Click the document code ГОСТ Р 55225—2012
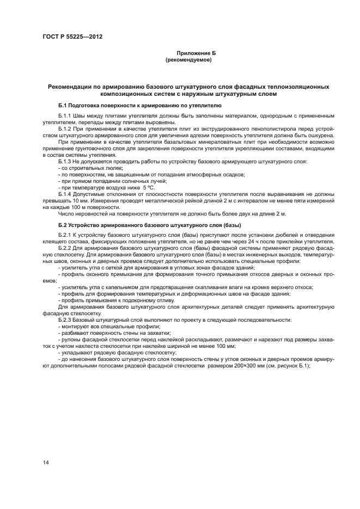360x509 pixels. [72, 36]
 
